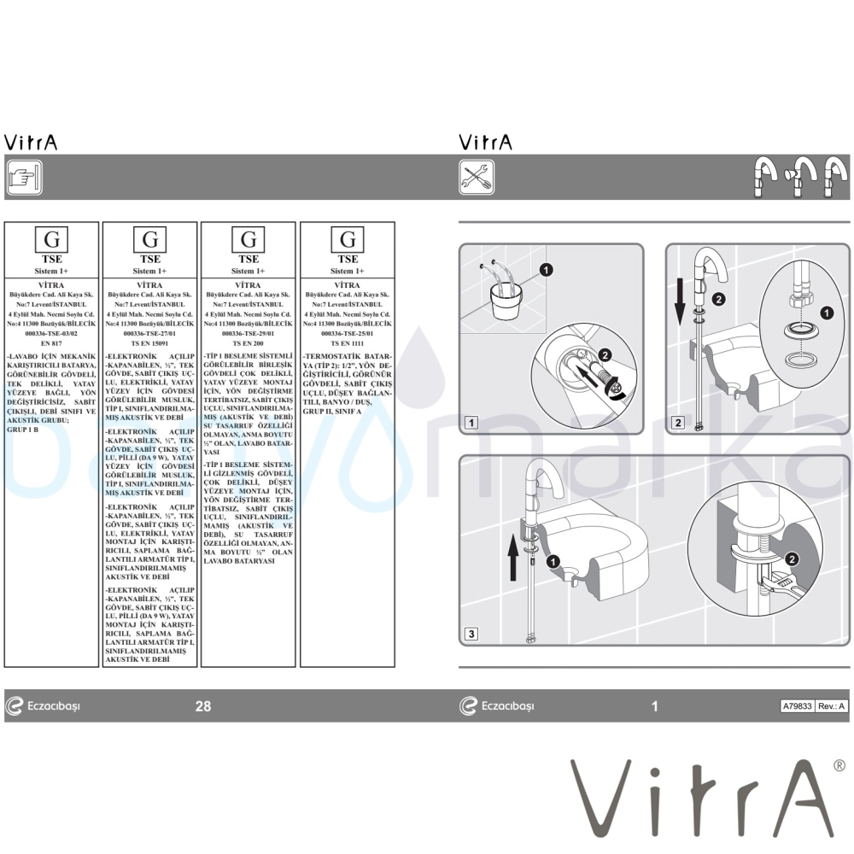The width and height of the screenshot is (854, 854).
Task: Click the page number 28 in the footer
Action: pos(203,706)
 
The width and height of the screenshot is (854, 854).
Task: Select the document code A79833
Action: pos(798,706)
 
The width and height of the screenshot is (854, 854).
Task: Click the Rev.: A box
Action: pos(831,706)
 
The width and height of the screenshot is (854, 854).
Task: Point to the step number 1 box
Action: pos(471,422)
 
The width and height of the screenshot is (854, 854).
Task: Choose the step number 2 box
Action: pos(678,422)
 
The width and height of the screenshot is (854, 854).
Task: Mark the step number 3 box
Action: pos(471,634)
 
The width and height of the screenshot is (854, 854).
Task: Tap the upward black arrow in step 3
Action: pos(512,556)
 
